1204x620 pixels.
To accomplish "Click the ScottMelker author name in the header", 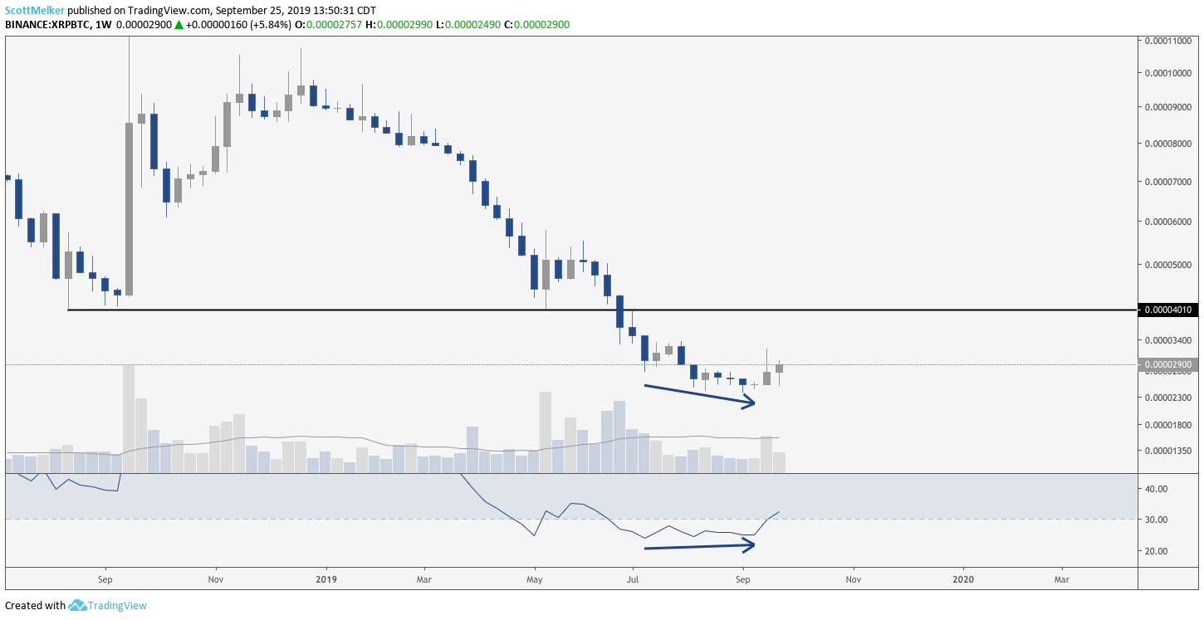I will click(x=35, y=10).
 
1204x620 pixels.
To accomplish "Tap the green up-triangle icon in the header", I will click(x=179, y=25).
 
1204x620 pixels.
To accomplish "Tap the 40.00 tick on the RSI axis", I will click(x=1158, y=489).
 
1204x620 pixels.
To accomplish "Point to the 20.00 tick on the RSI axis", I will click(x=1158, y=551).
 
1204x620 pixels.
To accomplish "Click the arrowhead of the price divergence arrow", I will click(x=750, y=403).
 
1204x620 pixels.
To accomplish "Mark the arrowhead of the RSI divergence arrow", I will click(x=750, y=545).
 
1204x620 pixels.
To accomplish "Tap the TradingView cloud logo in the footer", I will click(x=78, y=605).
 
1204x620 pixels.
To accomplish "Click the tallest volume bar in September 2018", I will click(x=129, y=418).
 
